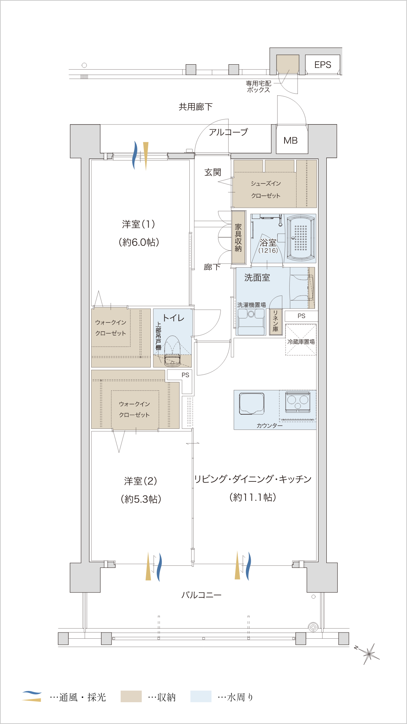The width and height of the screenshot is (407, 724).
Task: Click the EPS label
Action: [323, 65]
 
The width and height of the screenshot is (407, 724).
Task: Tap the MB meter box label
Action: [291, 141]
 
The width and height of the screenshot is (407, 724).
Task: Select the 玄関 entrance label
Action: [213, 172]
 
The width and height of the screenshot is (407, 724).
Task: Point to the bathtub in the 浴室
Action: [301, 238]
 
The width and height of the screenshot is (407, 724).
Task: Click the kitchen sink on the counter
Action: [251, 403]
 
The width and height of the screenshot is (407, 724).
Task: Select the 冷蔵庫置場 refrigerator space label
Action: [301, 342]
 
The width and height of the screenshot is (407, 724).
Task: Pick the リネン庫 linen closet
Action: [275, 321]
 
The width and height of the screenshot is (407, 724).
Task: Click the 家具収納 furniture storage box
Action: [238, 238]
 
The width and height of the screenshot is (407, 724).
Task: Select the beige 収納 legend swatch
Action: [131, 696]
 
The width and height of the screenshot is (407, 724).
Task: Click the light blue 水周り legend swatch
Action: [201, 696]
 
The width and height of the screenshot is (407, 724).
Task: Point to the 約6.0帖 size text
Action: [139, 242]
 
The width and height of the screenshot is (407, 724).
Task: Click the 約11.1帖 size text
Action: [253, 497]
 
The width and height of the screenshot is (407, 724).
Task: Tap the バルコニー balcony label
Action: [201, 595]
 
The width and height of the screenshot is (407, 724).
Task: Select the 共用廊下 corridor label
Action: [196, 107]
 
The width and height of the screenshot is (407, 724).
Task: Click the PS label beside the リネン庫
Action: [301, 316]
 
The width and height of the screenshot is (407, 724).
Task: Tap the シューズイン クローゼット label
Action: [266, 190]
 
